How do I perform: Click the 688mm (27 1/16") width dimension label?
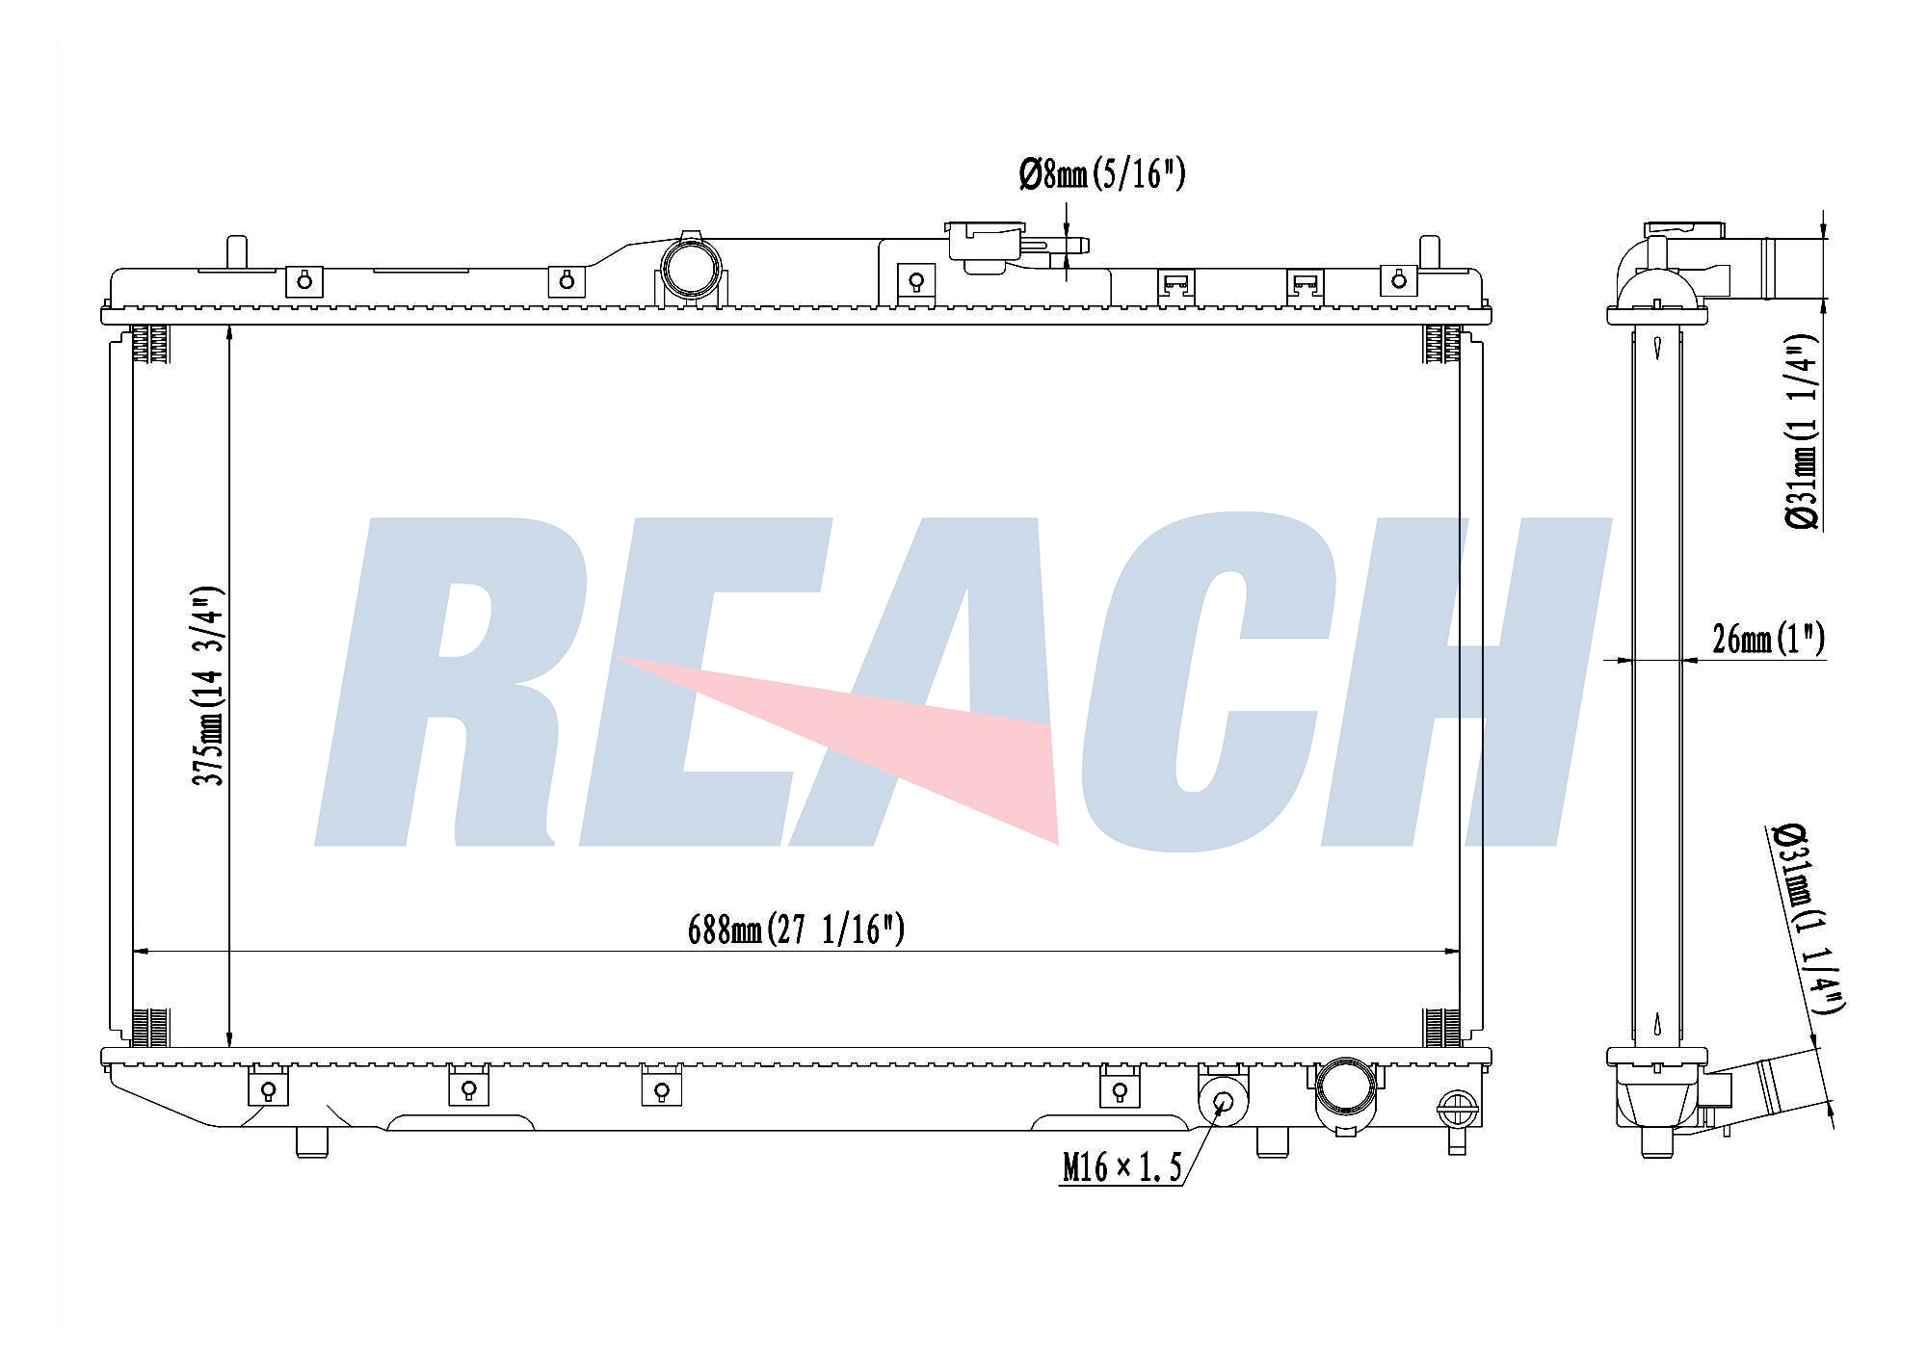[796, 930]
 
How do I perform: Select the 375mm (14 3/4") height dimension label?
[208, 685]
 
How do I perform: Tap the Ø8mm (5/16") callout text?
[1102, 174]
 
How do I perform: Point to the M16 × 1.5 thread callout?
[1122, 1167]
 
